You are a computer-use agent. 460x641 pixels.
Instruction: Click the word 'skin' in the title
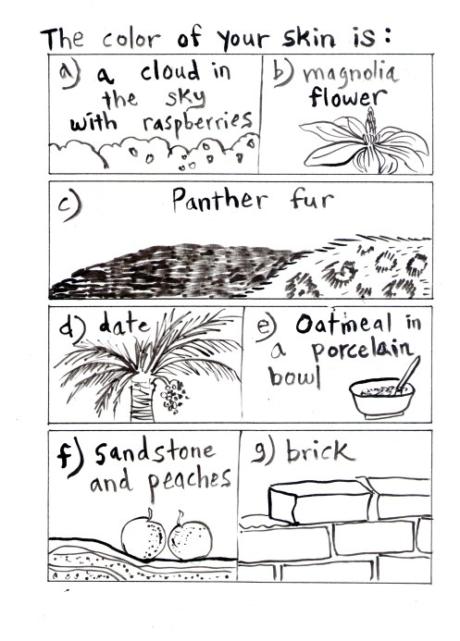(x=309, y=38)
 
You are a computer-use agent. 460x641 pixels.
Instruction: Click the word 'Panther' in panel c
(x=219, y=200)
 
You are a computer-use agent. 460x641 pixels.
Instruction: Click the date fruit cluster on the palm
(x=174, y=396)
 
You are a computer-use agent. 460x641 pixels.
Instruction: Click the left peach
(x=143, y=536)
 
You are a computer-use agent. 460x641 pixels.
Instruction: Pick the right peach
(x=191, y=539)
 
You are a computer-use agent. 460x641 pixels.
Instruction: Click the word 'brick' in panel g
(x=320, y=451)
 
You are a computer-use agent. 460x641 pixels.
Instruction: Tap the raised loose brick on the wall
(x=321, y=502)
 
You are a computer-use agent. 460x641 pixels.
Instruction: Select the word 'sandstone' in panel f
(x=155, y=452)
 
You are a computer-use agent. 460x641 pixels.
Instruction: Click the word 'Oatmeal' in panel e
(x=343, y=325)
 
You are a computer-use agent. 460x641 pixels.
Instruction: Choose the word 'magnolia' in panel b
(x=351, y=74)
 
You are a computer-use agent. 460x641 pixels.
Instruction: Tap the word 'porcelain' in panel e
(x=362, y=351)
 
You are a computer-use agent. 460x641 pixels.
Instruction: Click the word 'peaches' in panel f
(x=190, y=482)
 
